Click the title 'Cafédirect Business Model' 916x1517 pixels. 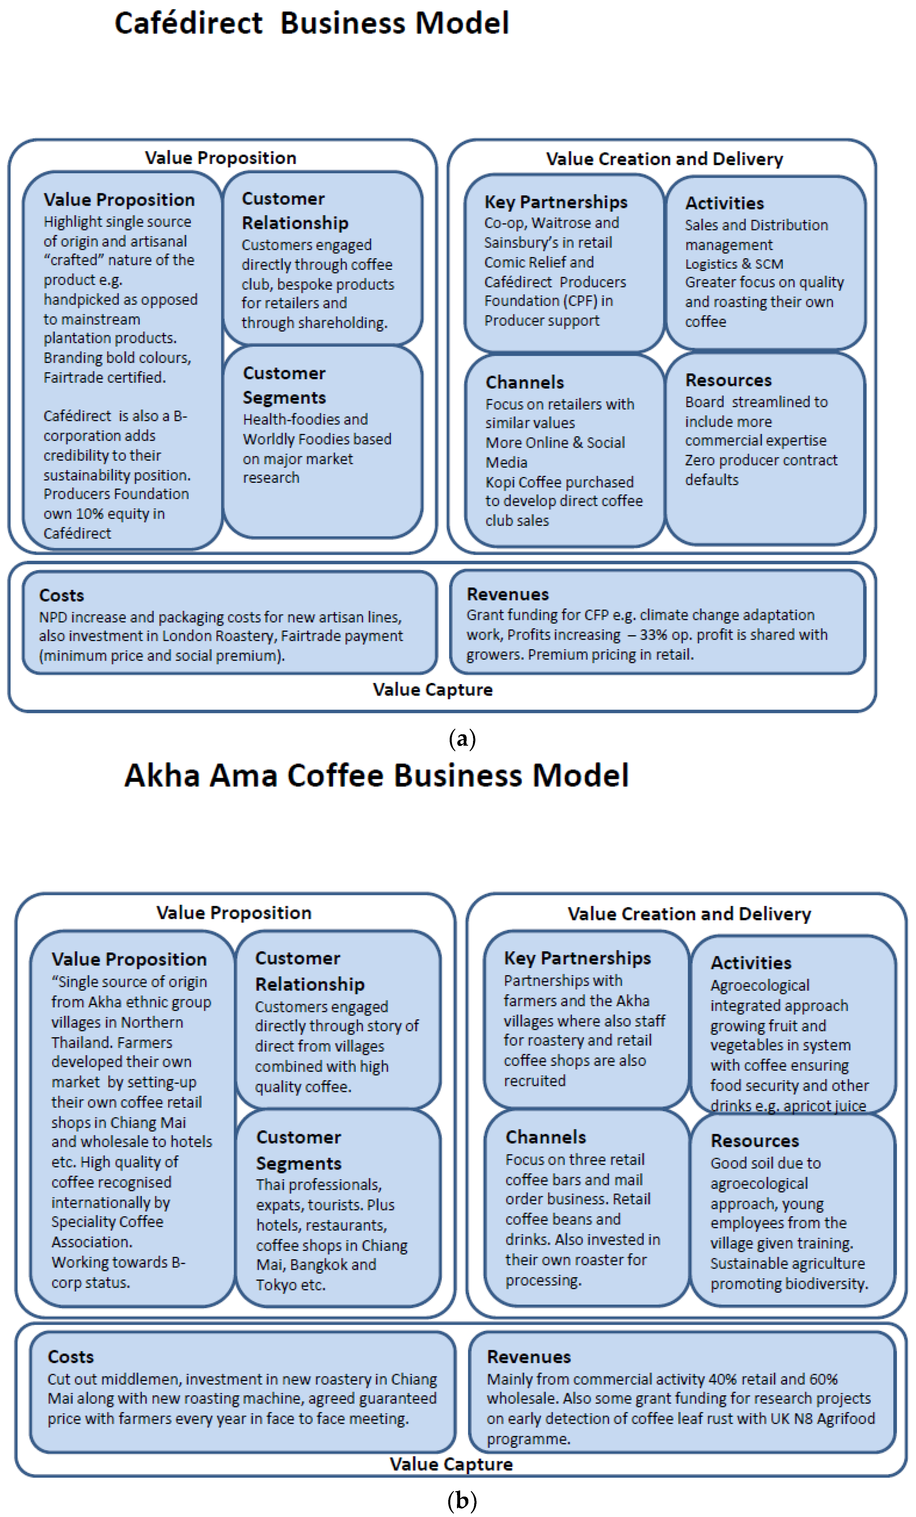click(312, 23)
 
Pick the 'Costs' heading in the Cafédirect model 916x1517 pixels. click(62, 595)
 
